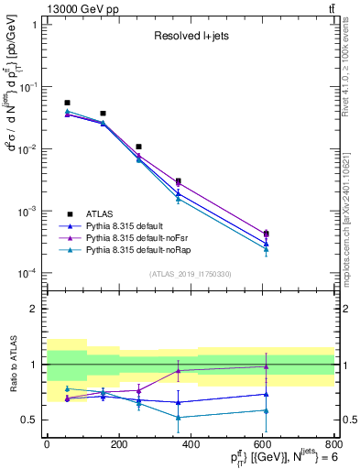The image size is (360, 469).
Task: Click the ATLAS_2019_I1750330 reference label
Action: pyautogui.click(x=190, y=274)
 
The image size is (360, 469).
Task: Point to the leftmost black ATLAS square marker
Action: pyautogui.click(x=67, y=103)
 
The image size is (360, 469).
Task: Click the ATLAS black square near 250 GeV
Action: pyautogui.click(x=138, y=147)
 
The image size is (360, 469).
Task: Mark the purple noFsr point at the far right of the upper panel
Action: pyautogui.click(x=266, y=234)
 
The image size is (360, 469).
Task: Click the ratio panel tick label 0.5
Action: pyautogui.click(x=32, y=420)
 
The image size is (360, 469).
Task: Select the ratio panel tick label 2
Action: pyautogui.click(x=37, y=309)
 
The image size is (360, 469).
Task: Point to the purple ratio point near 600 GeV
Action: pyautogui.click(x=266, y=366)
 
